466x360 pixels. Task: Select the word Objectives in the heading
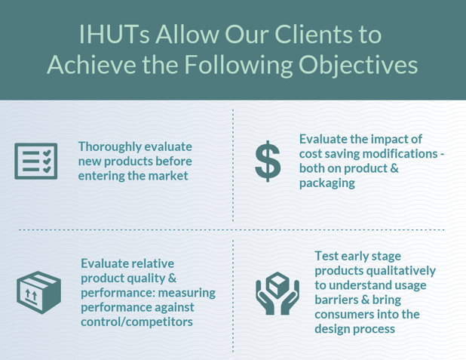click(356, 65)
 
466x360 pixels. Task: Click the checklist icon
click(36, 160)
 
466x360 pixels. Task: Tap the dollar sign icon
click(268, 161)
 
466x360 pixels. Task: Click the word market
click(168, 176)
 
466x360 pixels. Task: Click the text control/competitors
click(136, 322)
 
